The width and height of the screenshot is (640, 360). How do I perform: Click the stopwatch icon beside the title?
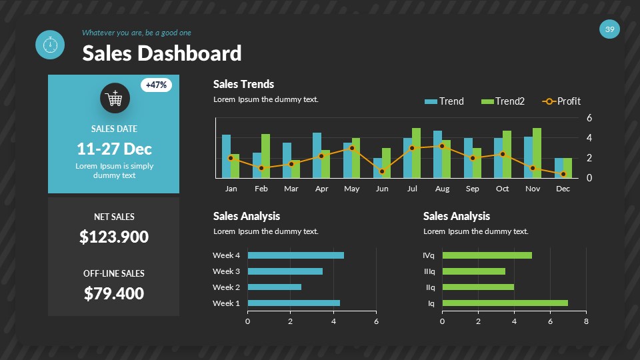pyautogui.click(x=49, y=45)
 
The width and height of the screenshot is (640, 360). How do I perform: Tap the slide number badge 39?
pyautogui.click(x=609, y=29)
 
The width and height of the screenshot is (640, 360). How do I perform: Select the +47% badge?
pyautogui.click(x=157, y=85)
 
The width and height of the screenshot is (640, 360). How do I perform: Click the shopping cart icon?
pyautogui.click(x=115, y=99)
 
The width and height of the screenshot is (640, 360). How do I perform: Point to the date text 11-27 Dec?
pyautogui.click(x=114, y=149)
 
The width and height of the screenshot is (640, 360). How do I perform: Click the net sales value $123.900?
pyautogui.click(x=114, y=237)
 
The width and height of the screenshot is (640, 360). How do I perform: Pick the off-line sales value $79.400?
pyautogui.click(x=114, y=293)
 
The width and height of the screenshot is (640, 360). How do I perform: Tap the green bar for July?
pyautogui.click(x=416, y=153)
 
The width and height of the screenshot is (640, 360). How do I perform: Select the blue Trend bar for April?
pyautogui.click(x=317, y=155)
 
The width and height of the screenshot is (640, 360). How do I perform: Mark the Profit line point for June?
pyautogui.click(x=382, y=171)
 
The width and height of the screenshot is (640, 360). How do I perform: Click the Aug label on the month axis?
pyautogui.click(x=442, y=189)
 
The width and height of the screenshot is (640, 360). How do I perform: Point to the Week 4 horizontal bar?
pyautogui.click(x=295, y=255)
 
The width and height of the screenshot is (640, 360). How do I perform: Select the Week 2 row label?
pyautogui.click(x=226, y=287)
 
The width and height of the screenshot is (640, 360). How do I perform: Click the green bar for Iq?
pyautogui.click(x=505, y=303)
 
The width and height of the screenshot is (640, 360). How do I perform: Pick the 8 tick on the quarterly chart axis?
pyautogui.click(x=586, y=321)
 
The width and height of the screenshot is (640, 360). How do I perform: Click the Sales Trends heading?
pyautogui.click(x=243, y=84)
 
